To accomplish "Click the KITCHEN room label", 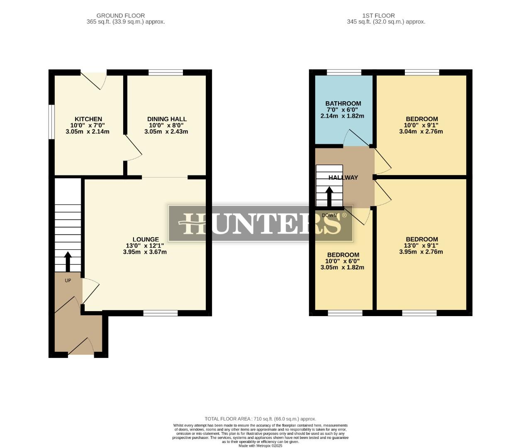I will [x=88, y=119].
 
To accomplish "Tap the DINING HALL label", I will [x=167, y=119].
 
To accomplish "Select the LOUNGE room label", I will [x=146, y=239].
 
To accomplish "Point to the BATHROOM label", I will [x=343, y=103].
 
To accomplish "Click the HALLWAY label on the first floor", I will [x=343, y=178].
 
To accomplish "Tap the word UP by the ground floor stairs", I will [x=68, y=280].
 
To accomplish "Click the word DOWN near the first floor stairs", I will [x=329, y=215].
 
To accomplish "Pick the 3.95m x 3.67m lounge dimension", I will [x=145, y=252].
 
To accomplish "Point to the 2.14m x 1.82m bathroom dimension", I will [x=342, y=116].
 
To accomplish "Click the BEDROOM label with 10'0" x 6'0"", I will [x=343, y=255].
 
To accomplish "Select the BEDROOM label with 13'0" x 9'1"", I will [x=421, y=239].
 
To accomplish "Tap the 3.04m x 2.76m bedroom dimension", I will [x=421, y=131].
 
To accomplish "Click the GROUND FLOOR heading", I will [x=121, y=16].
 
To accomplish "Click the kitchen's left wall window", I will [x=51, y=122].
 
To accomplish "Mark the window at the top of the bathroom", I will [x=344, y=73].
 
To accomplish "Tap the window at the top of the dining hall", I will [x=166, y=73].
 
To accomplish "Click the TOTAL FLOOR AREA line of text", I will [x=260, y=419].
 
